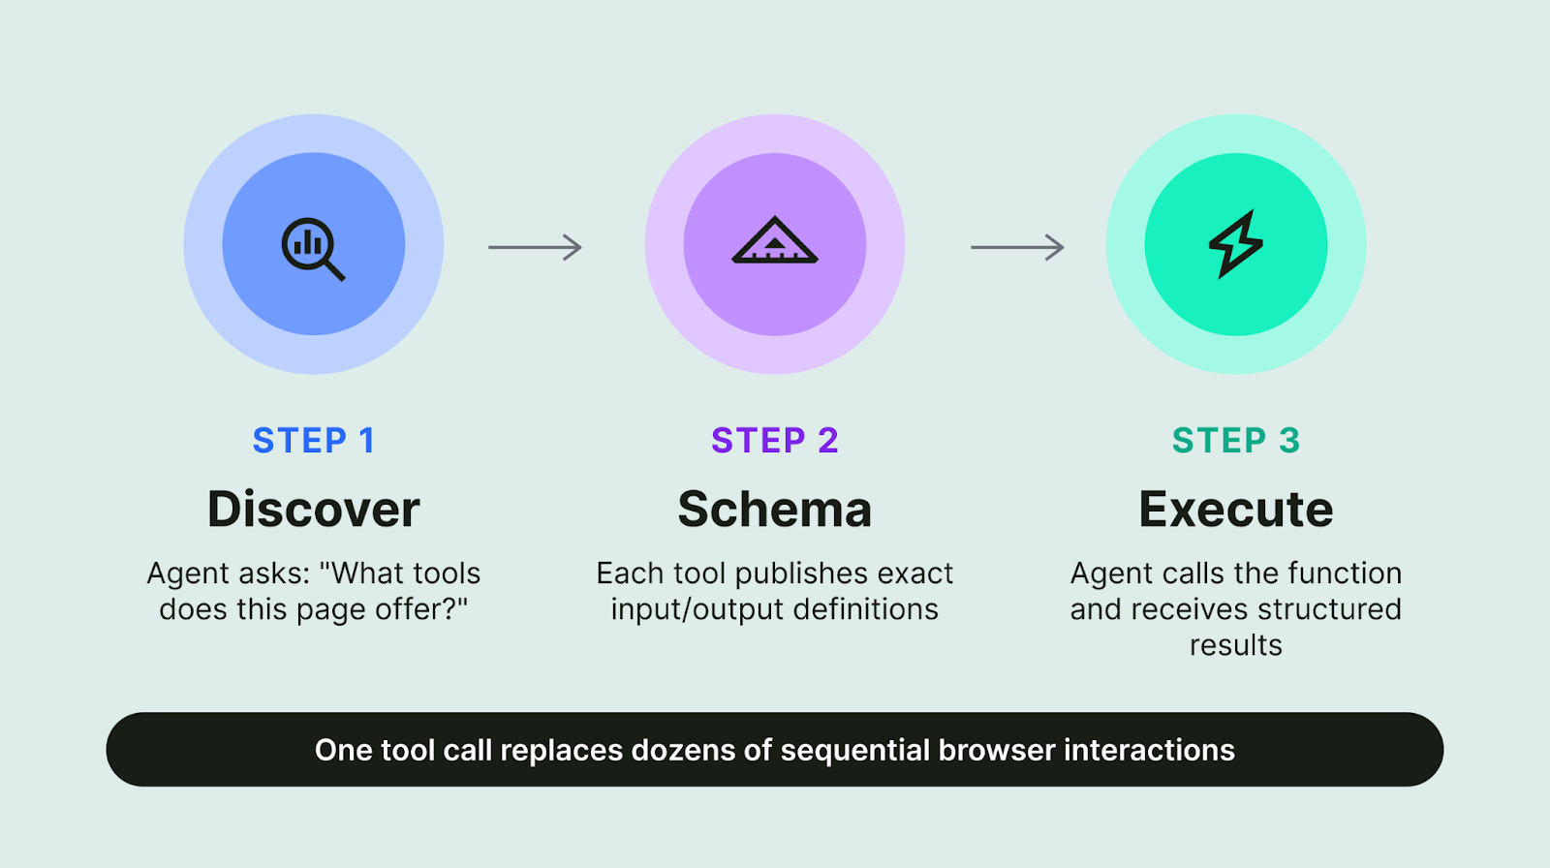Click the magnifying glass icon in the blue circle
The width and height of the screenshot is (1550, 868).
(x=312, y=248)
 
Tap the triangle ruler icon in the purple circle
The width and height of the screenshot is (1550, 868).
(x=775, y=241)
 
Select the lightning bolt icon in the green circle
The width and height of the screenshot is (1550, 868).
(x=1236, y=244)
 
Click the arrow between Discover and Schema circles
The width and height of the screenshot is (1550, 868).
(x=535, y=248)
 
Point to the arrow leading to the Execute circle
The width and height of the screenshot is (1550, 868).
(x=1017, y=248)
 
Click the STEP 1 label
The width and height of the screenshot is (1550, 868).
(x=313, y=441)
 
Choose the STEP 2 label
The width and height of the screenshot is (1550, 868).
(x=775, y=441)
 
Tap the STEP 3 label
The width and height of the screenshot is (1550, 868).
(x=1236, y=441)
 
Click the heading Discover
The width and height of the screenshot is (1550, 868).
(x=313, y=510)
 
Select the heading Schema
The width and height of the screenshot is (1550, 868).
(x=775, y=510)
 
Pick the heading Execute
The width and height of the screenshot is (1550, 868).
(x=1236, y=510)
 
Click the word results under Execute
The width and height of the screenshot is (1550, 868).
(x=1236, y=646)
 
